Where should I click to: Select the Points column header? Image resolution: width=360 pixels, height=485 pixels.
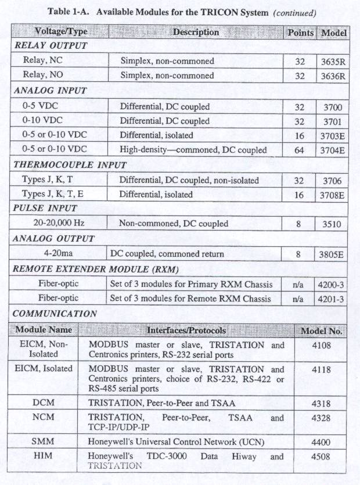click(x=300, y=33)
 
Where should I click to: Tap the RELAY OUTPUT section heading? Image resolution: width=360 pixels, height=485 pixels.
click(x=50, y=45)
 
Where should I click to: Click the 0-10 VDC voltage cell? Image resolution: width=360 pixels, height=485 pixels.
click(x=43, y=121)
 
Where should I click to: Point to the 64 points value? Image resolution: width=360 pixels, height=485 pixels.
click(x=299, y=150)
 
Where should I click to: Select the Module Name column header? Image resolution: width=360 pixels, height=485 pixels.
click(x=44, y=330)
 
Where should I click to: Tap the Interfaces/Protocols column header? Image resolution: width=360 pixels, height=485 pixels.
click(x=185, y=330)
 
